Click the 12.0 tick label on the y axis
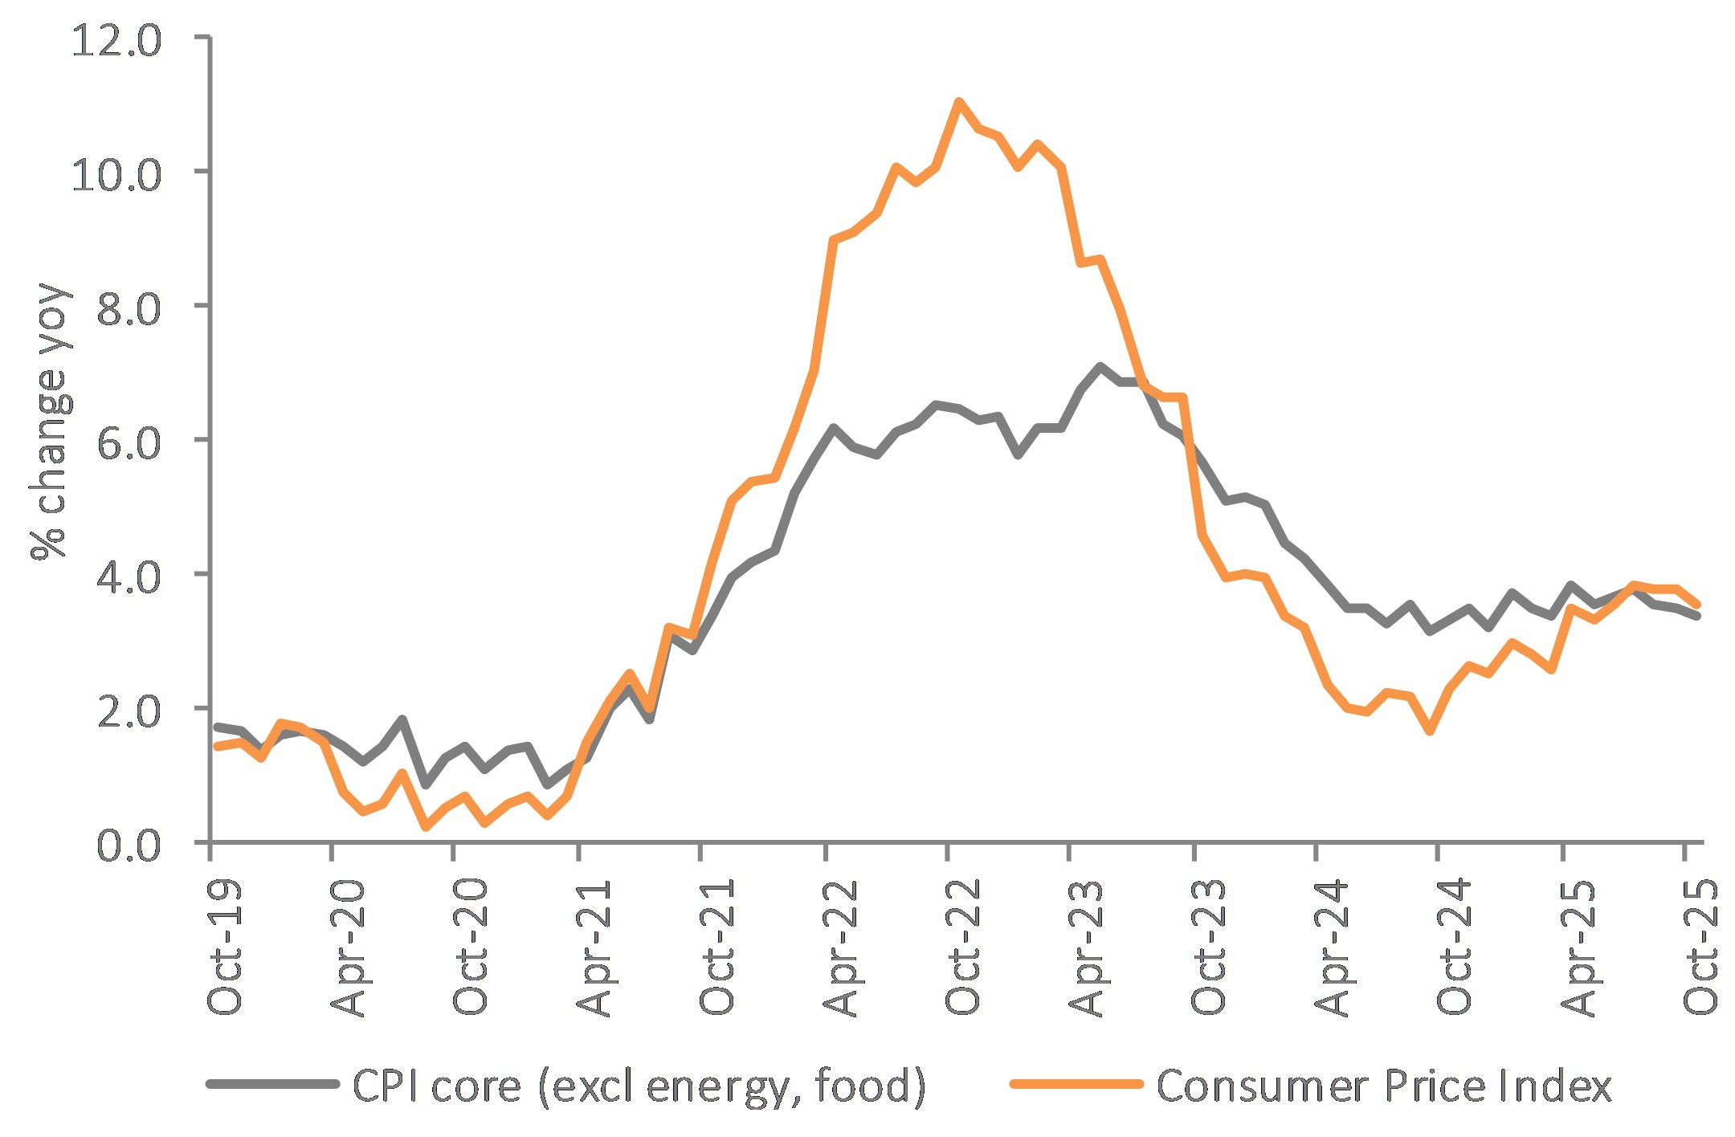click(x=116, y=40)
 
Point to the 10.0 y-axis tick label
click(x=116, y=174)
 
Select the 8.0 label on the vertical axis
click(x=129, y=308)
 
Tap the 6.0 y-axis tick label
click(x=129, y=442)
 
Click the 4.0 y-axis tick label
click(x=129, y=577)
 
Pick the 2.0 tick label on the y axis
click(x=129, y=711)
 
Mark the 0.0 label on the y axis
click(x=129, y=845)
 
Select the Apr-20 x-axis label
click(x=348, y=947)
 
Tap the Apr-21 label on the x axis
click(x=594, y=947)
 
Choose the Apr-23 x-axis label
click(x=1086, y=947)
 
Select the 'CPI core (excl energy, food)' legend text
click(x=639, y=1086)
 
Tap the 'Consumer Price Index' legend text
click(x=1383, y=1086)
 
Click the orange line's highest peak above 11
click(x=958, y=101)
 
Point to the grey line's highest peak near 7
click(x=1099, y=367)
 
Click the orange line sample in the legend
click(x=1076, y=1084)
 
